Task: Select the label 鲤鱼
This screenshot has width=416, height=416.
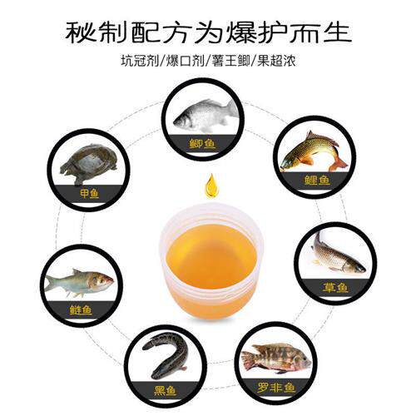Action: point(317,179)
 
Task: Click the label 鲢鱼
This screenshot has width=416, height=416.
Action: point(81,310)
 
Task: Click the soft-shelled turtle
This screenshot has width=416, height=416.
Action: point(88,166)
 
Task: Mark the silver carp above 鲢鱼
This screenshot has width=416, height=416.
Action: point(78,282)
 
